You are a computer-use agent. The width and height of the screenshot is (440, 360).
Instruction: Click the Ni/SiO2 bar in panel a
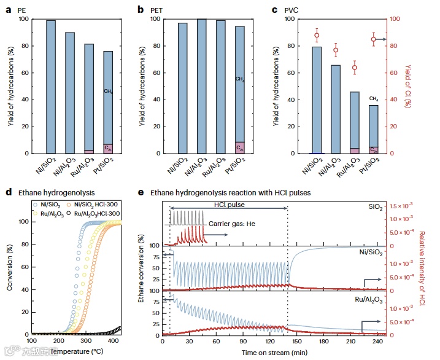tap(51, 87)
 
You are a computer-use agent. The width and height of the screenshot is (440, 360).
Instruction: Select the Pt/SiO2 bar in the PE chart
tap(107, 98)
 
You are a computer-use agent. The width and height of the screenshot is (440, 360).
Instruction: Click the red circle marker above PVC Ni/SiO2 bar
tap(317, 35)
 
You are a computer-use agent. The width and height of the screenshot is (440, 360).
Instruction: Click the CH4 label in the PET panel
tap(240, 79)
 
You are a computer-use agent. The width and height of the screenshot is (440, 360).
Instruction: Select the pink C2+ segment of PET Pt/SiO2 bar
tap(240, 147)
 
